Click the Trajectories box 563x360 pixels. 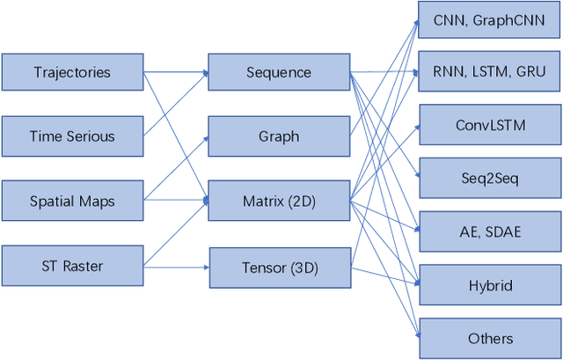[x=72, y=71]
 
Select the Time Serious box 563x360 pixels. [x=72, y=136]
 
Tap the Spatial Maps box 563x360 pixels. [x=72, y=202]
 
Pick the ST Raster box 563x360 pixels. [x=72, y=266]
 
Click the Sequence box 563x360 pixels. [x=278, y=71]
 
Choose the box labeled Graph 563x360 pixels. [x=278, y=136]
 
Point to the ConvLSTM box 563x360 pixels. [x=490, y=125]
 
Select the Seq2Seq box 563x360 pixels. [x=490, y=179]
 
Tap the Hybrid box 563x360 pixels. [x=490, y=285]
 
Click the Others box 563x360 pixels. [x=490, y=338]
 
